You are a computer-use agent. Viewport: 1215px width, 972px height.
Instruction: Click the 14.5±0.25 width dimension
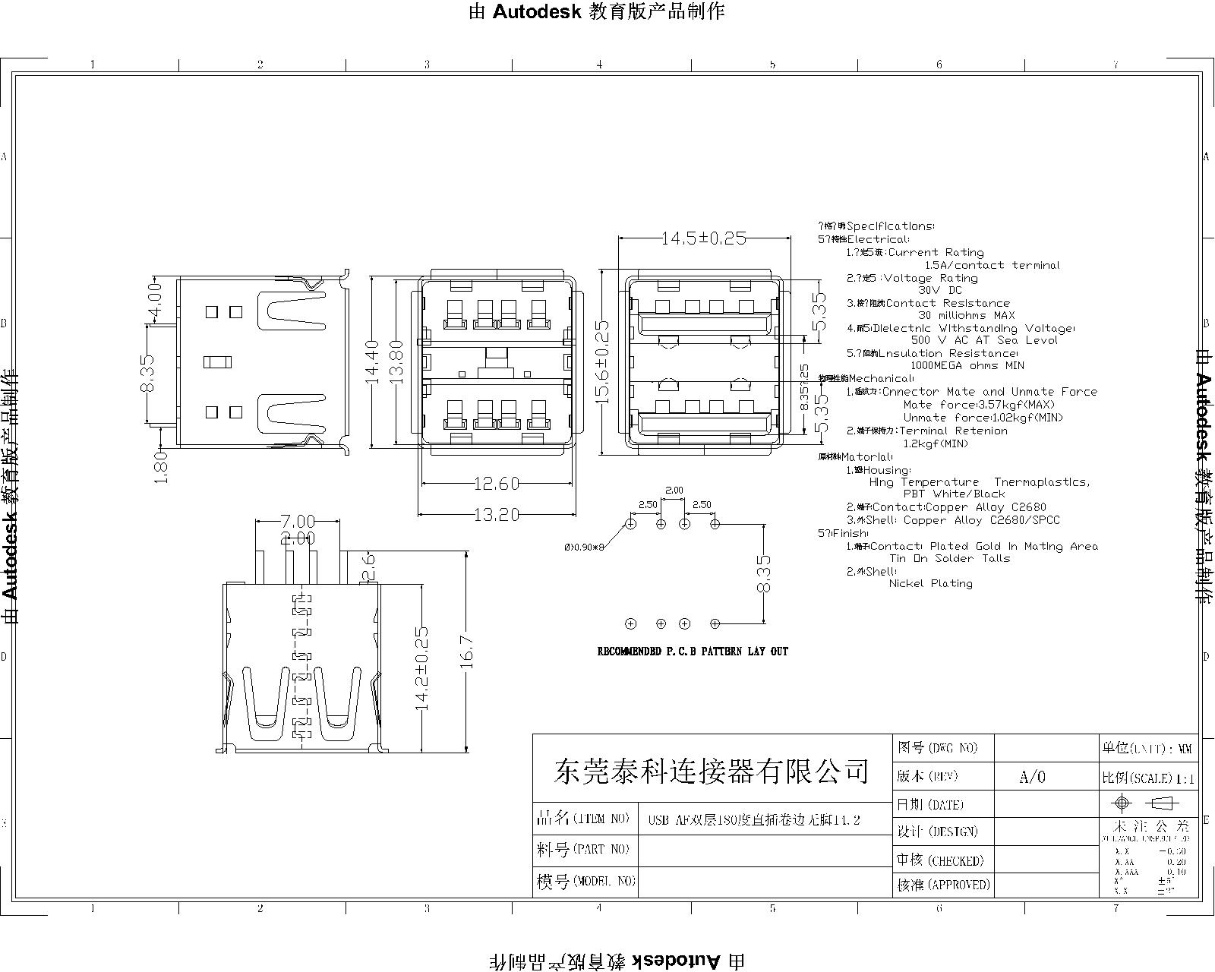click(x=703, y=238)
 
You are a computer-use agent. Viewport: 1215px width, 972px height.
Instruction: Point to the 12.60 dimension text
click(x=497, y=483)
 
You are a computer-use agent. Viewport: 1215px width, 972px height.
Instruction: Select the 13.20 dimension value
click(x=497, y=515)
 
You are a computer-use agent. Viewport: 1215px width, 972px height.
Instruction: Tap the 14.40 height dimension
click(x=372, y=361)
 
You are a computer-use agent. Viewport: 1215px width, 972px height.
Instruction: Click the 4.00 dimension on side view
click(x=155, y=301)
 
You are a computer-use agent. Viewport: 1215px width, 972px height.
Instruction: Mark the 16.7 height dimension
click(x=466, y=652)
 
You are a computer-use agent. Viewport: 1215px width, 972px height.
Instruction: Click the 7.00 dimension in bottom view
click(x=298, y=522)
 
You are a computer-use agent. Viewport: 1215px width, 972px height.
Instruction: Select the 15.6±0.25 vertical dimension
click(x=602, y=361)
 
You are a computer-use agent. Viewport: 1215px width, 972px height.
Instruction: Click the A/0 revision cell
click(x=1032, y=776)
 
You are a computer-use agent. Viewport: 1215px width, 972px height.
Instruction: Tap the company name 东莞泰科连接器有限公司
click(x=712, y=772)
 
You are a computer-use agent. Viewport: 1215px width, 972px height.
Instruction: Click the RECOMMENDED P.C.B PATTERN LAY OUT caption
click(x=693, y=652)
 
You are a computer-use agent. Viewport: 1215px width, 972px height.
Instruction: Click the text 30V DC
click(x=939, y=290)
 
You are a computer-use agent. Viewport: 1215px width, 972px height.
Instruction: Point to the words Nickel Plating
click(x=930, y=583)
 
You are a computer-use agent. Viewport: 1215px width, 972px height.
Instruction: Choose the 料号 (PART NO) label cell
click(x=584, y=850)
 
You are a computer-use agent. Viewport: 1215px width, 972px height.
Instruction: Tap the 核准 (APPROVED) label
click(x=944, y=885)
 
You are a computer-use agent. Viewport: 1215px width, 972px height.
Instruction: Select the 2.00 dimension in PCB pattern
click(x=674, y=490)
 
